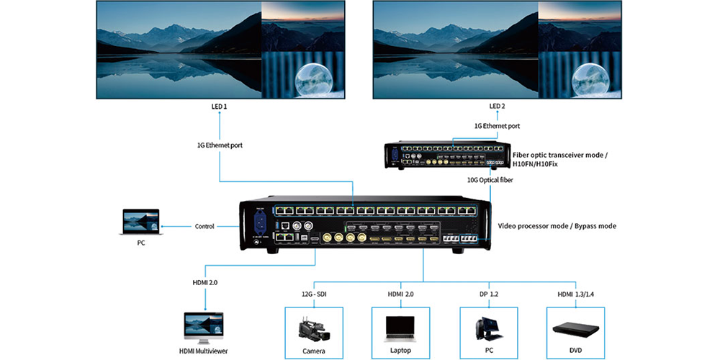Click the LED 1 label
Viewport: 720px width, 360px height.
tap(218, 107)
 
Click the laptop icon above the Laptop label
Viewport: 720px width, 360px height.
tap(400, 328)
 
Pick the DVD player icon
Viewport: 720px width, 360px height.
tap(575, 329)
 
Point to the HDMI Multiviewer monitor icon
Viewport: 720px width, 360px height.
tap(203, 328)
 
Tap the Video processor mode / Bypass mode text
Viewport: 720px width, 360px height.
tap(557, 226)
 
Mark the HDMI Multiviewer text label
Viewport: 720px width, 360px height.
tap(203, 351)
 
